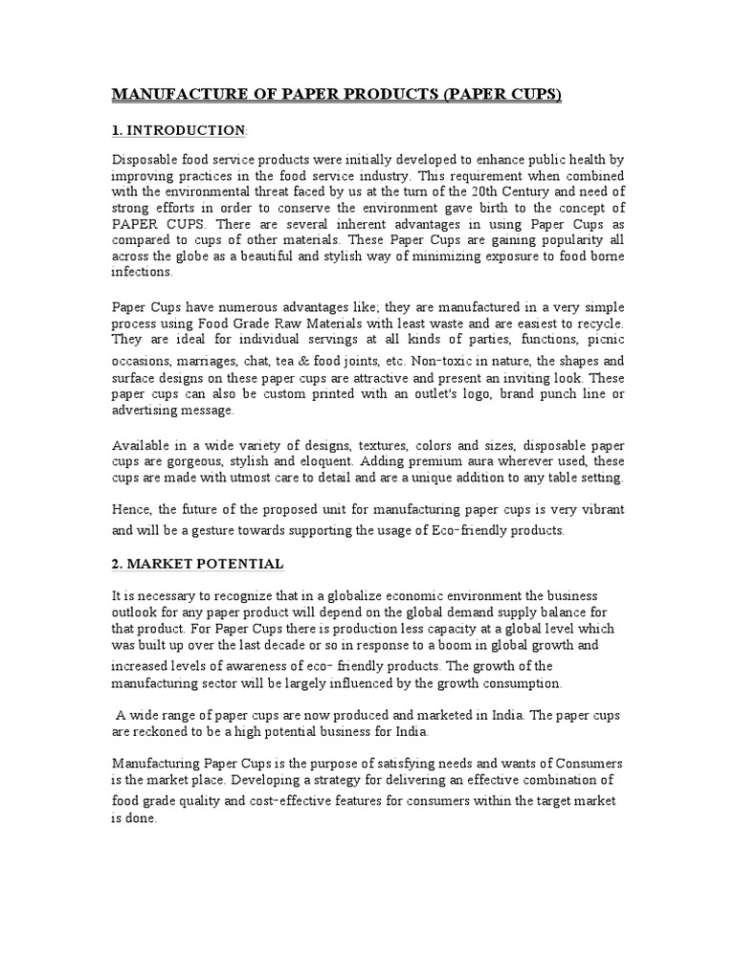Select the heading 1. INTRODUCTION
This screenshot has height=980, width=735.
coord(179,130)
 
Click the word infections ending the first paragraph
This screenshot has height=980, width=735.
coord(143,272)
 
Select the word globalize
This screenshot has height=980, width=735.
coord(327,596)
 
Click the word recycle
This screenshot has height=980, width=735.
coord(597,323)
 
